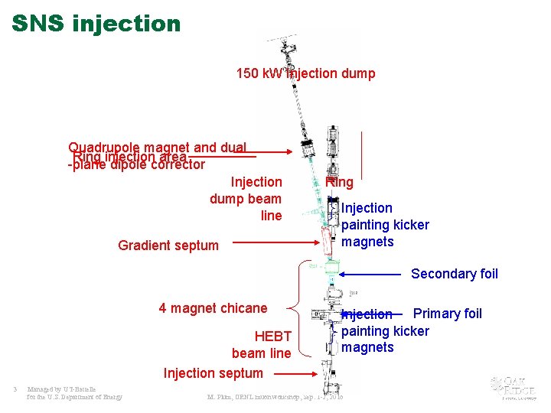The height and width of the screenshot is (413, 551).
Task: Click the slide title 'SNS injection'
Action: click(96, 24)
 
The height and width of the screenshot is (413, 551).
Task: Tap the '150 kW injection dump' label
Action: click(305, 73)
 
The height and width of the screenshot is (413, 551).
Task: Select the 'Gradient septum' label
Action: click(168, 246)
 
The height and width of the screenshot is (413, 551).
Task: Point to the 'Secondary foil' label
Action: click(454, 274)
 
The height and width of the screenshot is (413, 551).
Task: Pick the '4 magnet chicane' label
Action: click(213, 308)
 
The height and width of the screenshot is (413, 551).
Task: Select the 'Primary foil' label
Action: click(448, 313)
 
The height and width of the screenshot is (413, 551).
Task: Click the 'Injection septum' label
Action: click(213, 373)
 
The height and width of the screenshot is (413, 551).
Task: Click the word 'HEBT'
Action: click(272, 337)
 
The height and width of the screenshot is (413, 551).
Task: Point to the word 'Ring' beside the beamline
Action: click(339, 182)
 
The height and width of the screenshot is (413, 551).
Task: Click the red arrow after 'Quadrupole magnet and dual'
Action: click(267, 151)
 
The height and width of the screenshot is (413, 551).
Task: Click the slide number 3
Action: click(15, 389)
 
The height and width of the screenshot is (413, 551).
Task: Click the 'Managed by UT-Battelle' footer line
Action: click(60, 389)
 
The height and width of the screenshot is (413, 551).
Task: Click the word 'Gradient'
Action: click(144, 246)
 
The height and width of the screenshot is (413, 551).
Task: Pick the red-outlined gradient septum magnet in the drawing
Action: click(329, 242)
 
